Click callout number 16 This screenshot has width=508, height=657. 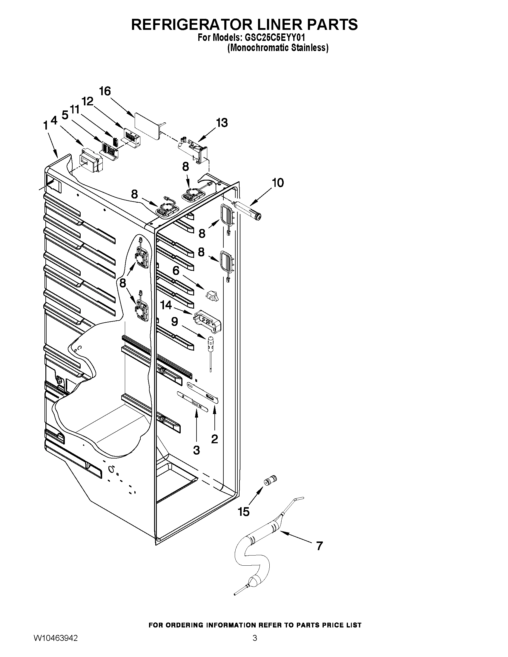105,91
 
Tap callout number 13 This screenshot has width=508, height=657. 222,123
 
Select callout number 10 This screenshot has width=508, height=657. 277,183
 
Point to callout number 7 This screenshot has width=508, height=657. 319,545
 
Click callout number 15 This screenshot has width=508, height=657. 244,511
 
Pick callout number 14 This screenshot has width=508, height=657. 166,305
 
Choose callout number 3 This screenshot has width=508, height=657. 196,450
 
